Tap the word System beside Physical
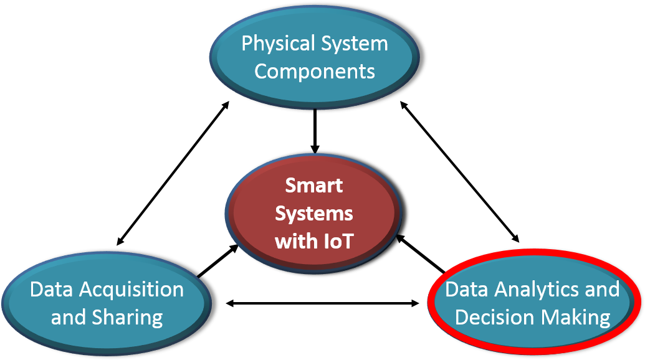point(353,44)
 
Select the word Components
point(315,71)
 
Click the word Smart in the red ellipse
point(314,186)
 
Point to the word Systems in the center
point(314,213)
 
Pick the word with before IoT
point(295,240)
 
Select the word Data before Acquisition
point(52,290)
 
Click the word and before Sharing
point(69,318)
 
